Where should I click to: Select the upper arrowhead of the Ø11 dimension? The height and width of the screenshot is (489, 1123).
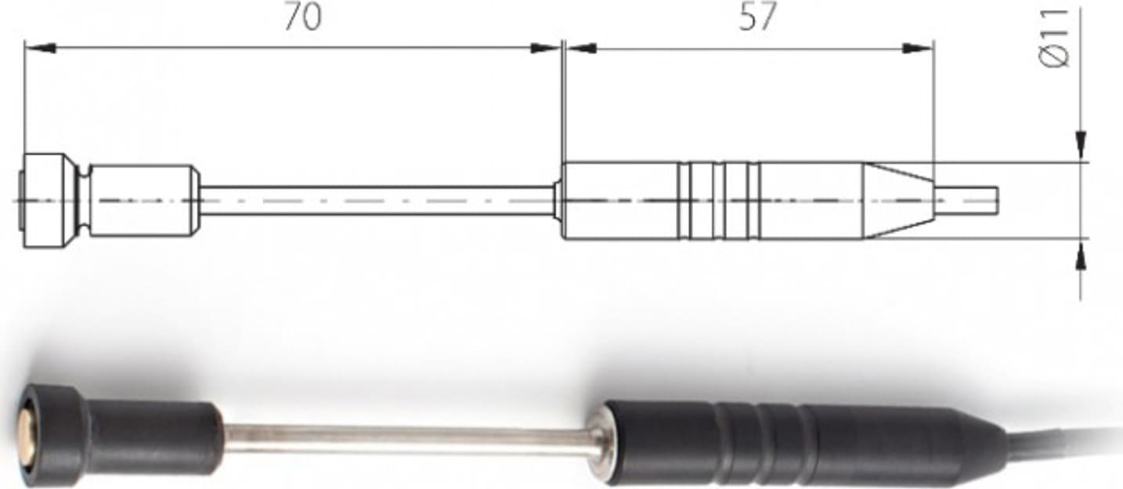(1081, 146)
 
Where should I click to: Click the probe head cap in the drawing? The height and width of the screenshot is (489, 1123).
(47, 201)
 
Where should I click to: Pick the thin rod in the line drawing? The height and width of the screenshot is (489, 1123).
(376, 201)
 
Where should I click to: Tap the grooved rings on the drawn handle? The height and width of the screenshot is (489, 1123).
(719, 201)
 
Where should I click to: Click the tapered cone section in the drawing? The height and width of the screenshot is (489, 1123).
(897, 201)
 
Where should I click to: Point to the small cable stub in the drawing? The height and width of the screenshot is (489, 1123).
(966, 201)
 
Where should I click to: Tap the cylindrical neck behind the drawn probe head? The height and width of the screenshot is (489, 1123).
(141, 201)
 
